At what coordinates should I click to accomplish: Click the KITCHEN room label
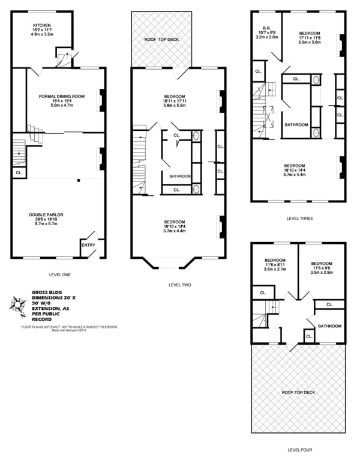point(42,25)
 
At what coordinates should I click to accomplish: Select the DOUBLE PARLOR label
point(46,214)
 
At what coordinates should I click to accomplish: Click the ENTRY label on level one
point(88,244)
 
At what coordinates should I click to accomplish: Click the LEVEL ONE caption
point(58,274)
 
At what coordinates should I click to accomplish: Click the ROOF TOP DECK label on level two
point(162,40)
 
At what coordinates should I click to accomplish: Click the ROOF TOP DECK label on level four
point(298,392)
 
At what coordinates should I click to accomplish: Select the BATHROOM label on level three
point(296,125)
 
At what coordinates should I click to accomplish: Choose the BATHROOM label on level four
point(329,326)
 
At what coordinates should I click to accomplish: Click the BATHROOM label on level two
point(179,177)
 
